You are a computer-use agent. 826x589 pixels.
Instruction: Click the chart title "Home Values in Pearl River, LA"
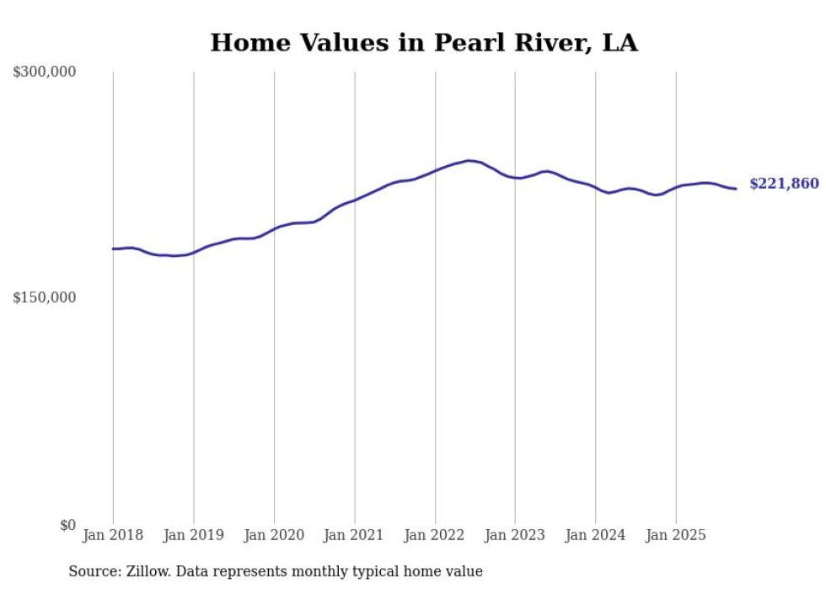coord(424,43)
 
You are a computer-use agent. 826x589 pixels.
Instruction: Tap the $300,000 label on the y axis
coord(45,72)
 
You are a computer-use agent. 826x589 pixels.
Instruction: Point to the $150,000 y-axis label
coord(45,297)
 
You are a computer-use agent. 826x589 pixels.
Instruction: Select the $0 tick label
coord(67,525)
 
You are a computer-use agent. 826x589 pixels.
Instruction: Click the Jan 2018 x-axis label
coord(113,535)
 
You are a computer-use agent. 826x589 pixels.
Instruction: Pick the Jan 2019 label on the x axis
coord(193,535)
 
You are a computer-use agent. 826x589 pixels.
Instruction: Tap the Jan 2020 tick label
coord(274,535)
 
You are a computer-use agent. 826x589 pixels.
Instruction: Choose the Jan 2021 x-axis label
coord(354,535)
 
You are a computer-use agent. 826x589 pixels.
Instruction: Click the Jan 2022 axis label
coord(435,535)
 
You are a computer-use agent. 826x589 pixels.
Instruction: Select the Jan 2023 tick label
coord(515,535)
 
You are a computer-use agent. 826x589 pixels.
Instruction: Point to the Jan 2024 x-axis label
coord(596,535)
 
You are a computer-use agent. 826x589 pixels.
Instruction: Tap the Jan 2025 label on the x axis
coord(676,535)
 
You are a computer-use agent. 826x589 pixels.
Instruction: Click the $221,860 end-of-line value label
coord(783,184)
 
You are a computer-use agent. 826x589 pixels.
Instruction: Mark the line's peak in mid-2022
coord(469,160)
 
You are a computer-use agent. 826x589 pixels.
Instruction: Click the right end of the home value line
coord(736,189)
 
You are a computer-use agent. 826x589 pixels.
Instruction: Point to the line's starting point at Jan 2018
coord(113,249)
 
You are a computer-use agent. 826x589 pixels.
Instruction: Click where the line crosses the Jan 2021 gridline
coord(354,200)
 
